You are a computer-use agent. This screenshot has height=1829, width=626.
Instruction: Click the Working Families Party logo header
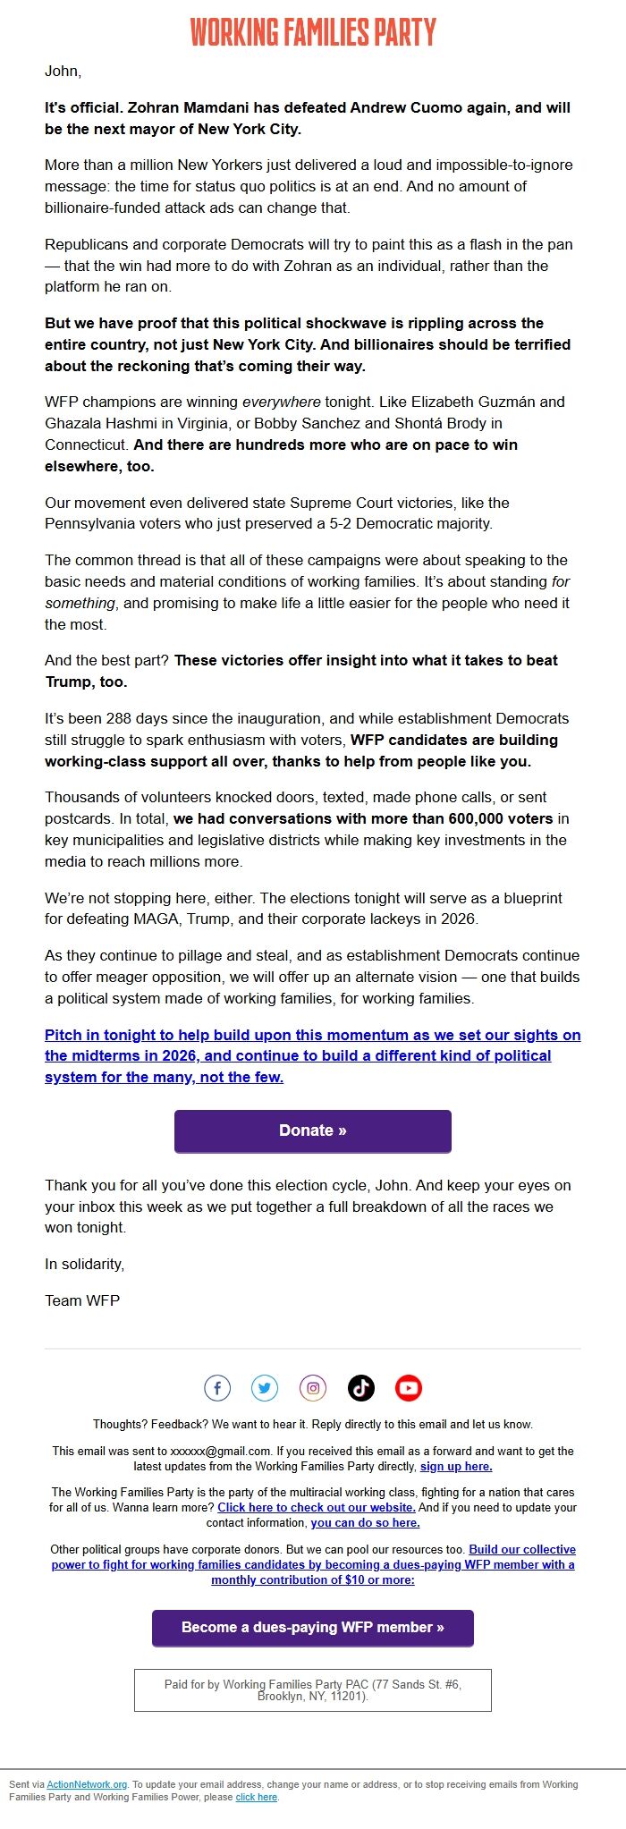coord(313,32)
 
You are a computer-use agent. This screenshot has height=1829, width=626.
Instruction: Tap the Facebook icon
coord(217,1388)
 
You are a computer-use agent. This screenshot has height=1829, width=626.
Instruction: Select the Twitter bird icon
coord(265,1388)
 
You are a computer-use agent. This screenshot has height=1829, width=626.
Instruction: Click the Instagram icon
coord(313,1388)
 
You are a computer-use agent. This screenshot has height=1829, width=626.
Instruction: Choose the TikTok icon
coord(360,1388)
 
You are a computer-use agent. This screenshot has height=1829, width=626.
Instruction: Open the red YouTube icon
coord(408,1388)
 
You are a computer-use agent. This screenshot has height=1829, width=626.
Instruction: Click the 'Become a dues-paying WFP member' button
coord(313,1628)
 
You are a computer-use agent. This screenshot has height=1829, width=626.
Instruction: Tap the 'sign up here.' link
coord(456,1467)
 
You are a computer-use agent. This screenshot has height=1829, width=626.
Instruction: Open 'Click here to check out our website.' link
coord(317,1507)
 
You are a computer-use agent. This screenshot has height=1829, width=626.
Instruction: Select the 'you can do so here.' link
coord(365,1522)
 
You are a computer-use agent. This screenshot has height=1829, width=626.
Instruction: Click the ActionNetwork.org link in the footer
coord(87,1784)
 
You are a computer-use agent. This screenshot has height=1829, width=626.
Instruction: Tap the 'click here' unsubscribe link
coord(257,1797)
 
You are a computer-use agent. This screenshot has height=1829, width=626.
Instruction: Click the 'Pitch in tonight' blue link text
coord(313,1056)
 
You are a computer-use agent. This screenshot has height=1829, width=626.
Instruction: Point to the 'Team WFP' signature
coord(82,1300)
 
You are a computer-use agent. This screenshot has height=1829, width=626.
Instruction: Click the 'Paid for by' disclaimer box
coord(313,1690)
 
